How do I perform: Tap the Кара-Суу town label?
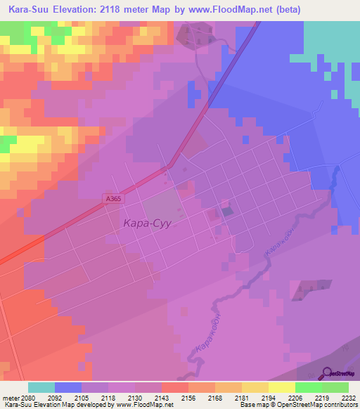148,223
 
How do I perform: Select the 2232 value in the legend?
347,397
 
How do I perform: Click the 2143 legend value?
160,397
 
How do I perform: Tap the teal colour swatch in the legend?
41,387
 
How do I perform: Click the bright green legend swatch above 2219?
308,387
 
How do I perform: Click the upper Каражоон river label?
277,242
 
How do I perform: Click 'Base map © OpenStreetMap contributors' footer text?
298,405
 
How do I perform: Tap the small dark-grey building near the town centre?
227,211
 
